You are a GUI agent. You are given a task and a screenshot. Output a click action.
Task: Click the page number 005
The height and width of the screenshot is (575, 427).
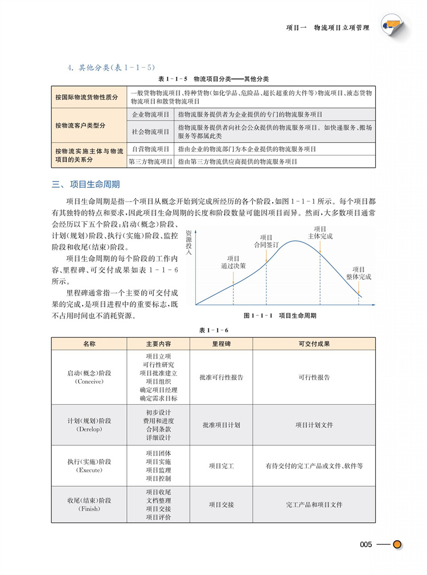pyautogui.click(x=366, y=545)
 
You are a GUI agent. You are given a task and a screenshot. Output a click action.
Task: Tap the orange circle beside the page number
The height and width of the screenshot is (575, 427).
pyautogui.click(x=397, y=545)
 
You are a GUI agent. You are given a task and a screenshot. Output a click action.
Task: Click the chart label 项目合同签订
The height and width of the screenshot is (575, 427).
pyautogui.click(x=266, y=241)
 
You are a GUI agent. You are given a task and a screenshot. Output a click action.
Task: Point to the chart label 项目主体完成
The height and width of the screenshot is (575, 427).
pyautogui.click(x=320, y=232)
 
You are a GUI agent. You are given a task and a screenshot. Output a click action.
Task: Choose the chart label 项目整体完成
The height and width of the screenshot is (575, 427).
pyautogui.click(x=359, y=273)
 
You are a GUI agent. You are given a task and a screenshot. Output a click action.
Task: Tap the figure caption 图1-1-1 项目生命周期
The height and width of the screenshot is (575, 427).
pyautogui.click(x=280, y=315)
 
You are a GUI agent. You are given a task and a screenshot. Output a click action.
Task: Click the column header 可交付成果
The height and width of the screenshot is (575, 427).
pyautogui.click(x=314, y=344)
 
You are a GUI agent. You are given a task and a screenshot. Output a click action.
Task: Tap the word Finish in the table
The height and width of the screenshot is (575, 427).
pyautogui.click(x=89, y=509)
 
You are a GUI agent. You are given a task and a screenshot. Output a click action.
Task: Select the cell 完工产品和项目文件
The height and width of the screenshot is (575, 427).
pyautogui.click(x=314, y=504)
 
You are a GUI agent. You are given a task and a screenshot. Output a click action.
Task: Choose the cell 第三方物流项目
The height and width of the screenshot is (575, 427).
pyautogui.click(x=151, y=162)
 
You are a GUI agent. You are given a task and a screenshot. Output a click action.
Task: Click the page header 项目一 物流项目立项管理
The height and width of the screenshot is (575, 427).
pyautogui.click(x=327, y=27)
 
